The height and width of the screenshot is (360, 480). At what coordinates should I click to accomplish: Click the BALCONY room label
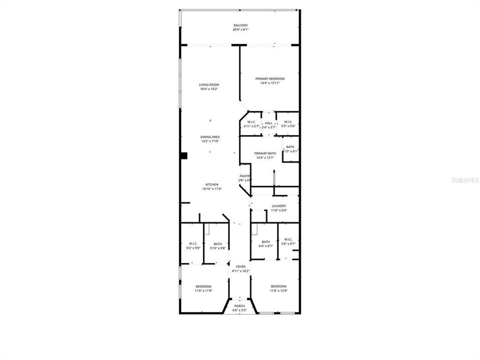point(240,25)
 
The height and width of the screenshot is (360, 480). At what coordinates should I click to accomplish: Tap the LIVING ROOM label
point(209,85)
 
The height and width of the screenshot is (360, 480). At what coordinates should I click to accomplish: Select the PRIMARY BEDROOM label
point(270,79)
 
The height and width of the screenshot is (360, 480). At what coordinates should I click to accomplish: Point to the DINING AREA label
point(210,137)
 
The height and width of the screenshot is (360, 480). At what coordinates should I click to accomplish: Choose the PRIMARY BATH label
point(265,153)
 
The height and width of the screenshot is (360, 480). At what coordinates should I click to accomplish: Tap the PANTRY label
point(244,176)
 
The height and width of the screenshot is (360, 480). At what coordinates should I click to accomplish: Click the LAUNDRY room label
point(278,206)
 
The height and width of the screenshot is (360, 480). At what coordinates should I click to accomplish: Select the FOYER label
point(240,267)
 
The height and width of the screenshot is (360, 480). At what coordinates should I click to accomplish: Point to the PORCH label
point(239,306)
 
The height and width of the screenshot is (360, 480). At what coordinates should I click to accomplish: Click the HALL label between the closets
point(269,123)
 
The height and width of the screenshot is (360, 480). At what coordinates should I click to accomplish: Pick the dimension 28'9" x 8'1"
point(240,30)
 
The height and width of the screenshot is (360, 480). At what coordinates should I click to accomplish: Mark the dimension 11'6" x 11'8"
point(203,290)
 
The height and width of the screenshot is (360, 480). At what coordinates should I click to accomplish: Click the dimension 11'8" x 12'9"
point(278,290)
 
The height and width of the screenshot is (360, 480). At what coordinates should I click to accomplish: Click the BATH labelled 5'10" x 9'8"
point(217,244)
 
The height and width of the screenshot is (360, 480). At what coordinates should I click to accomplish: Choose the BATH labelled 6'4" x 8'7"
point(265,242)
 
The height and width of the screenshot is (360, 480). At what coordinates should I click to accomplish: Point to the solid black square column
point(184,156)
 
